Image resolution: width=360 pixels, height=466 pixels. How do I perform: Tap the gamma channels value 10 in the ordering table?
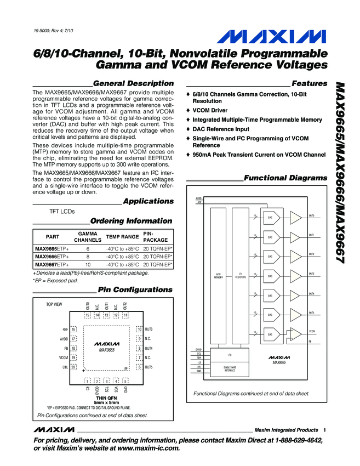[x=88, y=264]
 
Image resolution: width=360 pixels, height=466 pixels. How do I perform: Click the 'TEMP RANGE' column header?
[x=122, y=237]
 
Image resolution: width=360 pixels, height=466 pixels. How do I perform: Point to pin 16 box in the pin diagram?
[x=74, y=329]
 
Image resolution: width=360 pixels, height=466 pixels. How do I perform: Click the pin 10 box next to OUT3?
[x=140, y=329]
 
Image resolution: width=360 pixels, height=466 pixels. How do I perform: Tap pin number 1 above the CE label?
[x=87, y=380]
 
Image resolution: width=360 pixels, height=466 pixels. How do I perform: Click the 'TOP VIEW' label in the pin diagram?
[x=54, y=304]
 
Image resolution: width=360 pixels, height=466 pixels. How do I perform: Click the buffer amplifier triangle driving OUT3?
[x=295, y=276]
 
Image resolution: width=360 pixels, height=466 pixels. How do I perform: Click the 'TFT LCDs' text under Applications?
[x=62, y=211]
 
